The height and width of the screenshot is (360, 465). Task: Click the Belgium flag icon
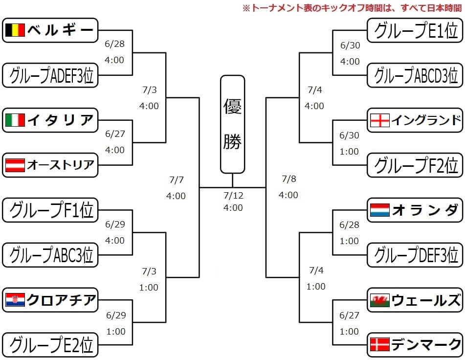tap(15, 31)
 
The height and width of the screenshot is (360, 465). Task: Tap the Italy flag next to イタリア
tap(15, 120)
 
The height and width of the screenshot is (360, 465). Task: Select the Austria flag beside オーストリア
tap(15, 165)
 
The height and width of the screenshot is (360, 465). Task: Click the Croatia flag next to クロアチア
tap(15, 300)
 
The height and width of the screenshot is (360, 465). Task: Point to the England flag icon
tap(380, 120)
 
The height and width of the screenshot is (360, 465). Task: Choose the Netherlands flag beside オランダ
tap(380, 210)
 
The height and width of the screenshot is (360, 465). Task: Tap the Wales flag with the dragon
tap(380, 300)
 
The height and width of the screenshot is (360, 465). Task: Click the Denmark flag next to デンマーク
tap(380, 344)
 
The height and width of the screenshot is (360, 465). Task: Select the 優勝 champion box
tap(232, 124)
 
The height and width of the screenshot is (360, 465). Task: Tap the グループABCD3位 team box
tap(415, 75)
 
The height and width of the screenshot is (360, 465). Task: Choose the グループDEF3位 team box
tap(415, 255)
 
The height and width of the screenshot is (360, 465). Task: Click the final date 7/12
tap(233, 196)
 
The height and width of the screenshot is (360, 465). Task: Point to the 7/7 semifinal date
tap(176, 180)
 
